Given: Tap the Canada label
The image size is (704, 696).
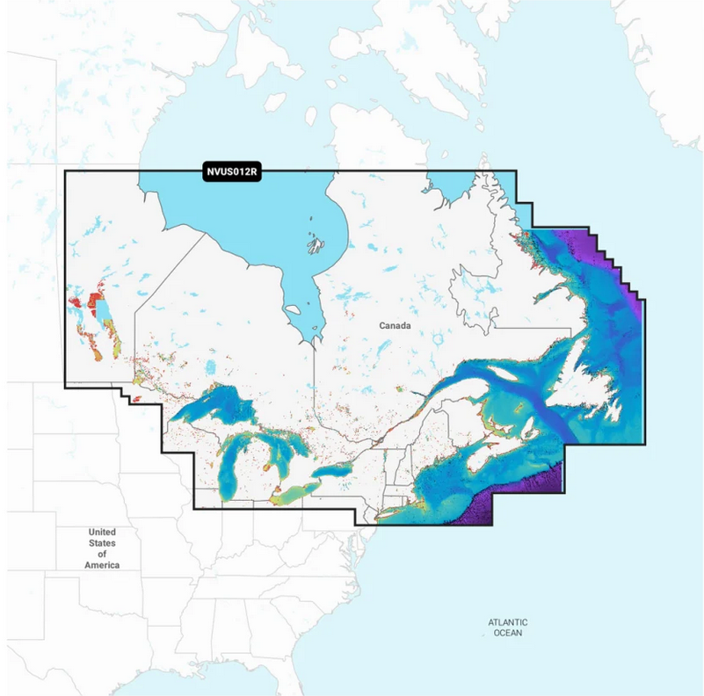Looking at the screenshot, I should pyautogui.click(x=395, y=326).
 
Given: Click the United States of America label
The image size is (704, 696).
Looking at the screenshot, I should pyautogui.click(x=102, y=548).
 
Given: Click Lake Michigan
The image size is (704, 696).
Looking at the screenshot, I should pyautogui.click(x=237, y=465).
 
